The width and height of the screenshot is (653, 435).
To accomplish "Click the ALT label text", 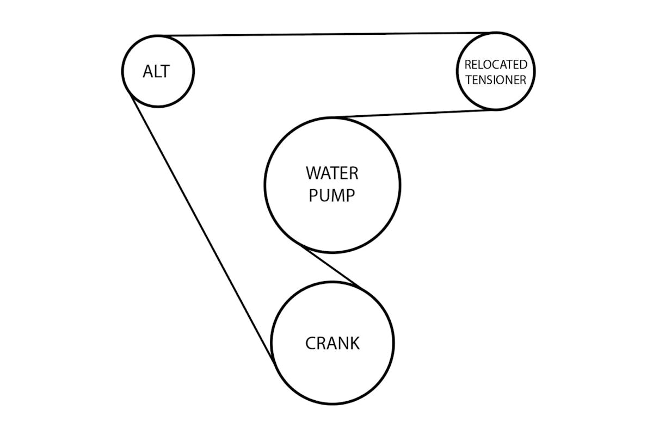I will click(x=156, y=71).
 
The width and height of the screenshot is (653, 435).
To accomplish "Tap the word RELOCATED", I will click(x=496, y=65).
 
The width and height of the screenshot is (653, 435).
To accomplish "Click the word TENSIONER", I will click(x=496, y=80).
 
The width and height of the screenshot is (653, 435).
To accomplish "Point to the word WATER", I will click(x=332, y=173).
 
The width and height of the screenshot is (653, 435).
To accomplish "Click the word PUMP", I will click(x=332, y=195).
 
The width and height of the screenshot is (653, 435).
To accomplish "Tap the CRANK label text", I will click(x=332, y=344).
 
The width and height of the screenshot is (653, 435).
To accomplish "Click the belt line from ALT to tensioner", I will click(x=326, y=35).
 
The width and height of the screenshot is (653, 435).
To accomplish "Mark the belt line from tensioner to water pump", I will click(x=414, y=113).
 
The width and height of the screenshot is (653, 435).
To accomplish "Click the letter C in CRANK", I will click(x=311, y=344).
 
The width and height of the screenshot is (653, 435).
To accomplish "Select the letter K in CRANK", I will click(x=354, y=344).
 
